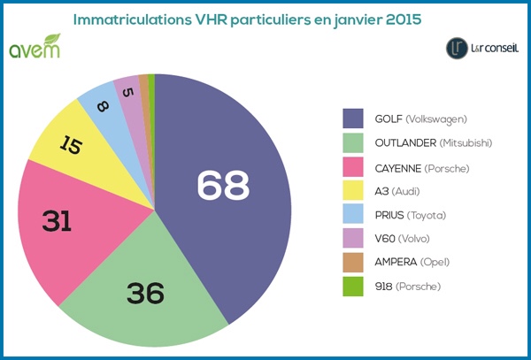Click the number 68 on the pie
tap(223, 185)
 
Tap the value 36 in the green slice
tap(145, 292)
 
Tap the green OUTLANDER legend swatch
tap(354, 143)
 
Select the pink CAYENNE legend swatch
tap(354, 167)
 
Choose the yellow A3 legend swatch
tap(354, 191)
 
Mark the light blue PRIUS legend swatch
tap(354, 215)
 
